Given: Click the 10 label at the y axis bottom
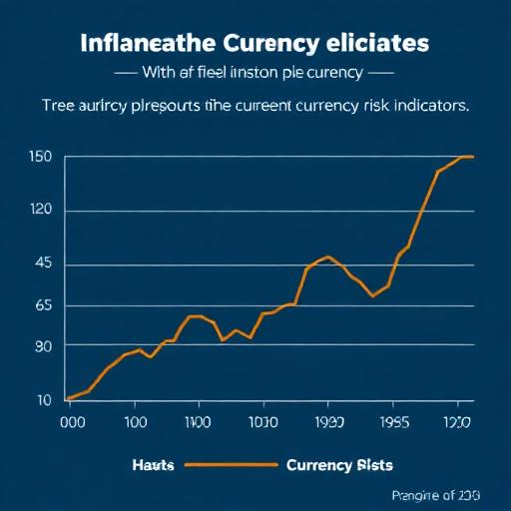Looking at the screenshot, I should click(x=44, y=400).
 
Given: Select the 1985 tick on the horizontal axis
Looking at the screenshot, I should click(x=396, y=422).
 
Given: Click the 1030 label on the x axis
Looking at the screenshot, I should click(x=263, y=422).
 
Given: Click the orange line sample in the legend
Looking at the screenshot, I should click(x=230, y=465).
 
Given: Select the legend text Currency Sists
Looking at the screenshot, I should click(x=338, y=465).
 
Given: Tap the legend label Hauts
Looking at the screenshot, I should click(x=153, y=465).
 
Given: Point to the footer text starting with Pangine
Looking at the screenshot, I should click(x=434, y=496).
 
